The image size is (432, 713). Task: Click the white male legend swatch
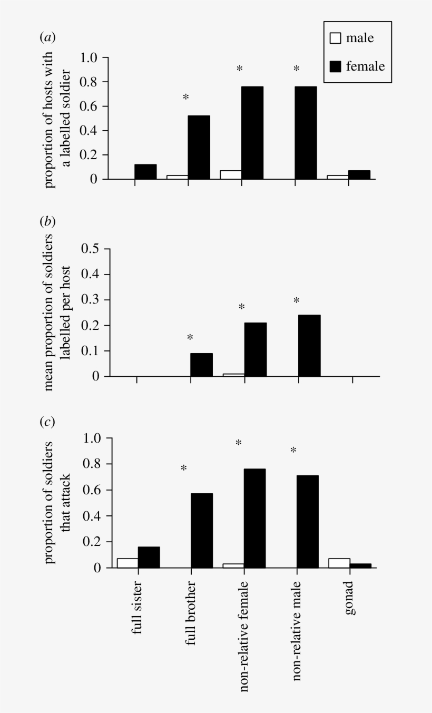coord(336,38)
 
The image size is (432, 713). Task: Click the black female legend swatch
coord(336,66)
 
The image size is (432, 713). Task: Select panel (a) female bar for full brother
coord(199,147)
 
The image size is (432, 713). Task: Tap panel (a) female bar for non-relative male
coord(306,133)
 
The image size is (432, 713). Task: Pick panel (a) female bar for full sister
coord(145,172)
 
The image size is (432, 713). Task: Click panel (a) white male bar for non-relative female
coord(231,175)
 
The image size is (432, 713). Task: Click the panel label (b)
coord(47,222)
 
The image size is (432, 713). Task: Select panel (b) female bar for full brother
coord(201,365)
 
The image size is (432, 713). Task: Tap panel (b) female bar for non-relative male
coord(309,346)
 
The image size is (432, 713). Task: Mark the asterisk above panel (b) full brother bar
coord(190,338)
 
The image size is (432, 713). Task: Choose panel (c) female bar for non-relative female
coord(254,518)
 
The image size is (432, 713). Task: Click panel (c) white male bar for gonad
coord(339,563)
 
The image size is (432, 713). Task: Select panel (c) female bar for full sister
coord(149,557)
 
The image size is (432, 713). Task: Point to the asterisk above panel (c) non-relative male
coord(294,451)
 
